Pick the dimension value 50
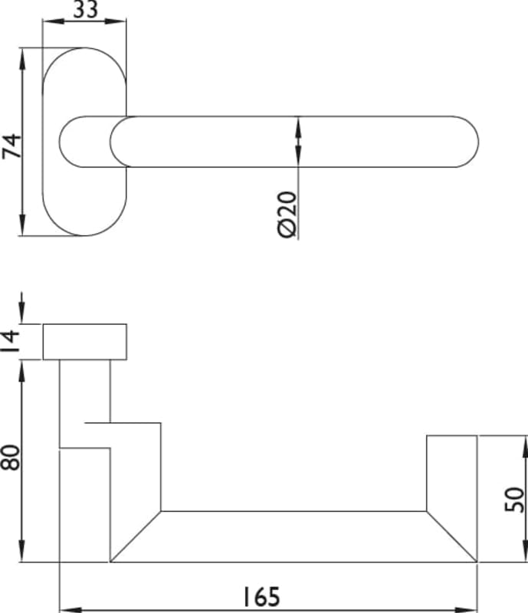[x=516, y=499]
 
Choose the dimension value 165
[x=263, y=596]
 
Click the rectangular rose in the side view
[x=84, y=342]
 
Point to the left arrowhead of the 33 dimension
[x=47, y=21]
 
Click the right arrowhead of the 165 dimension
[x=471, y=610]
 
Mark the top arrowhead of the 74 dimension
[x=23, y=54]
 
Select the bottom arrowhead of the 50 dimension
[x=524, y=557]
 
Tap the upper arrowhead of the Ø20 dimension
[x=297, y=123]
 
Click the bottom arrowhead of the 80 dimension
[x=23, y=557]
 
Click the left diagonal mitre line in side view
[x=136, y=536]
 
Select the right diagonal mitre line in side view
[x=451, y=536]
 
